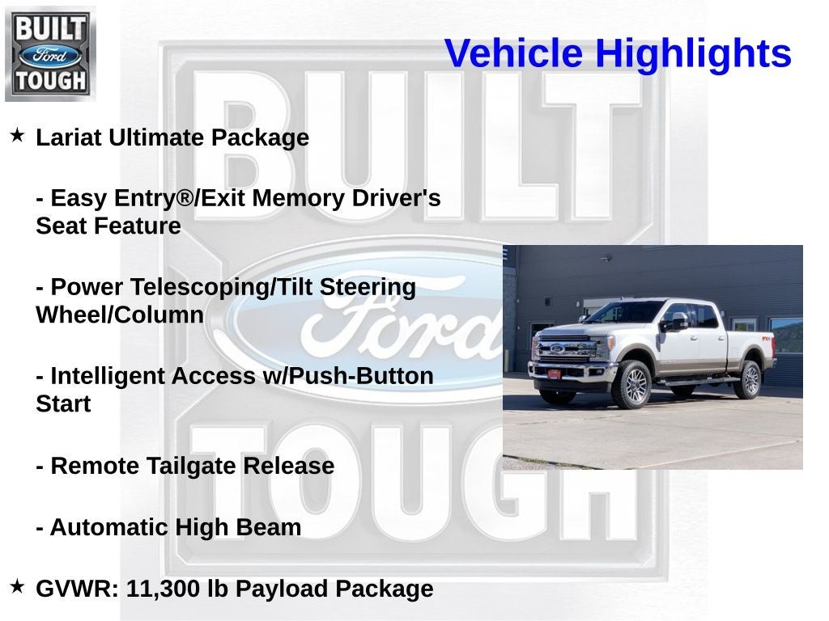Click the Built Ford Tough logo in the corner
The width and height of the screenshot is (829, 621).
click(50, 53)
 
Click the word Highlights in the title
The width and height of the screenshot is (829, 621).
click(693, 54)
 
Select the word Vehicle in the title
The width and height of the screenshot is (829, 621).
click(513, 54)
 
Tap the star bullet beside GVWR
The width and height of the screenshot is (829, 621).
click(17, 585)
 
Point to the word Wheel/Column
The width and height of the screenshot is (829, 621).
click(120, 315)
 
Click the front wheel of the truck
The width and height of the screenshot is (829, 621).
click(634, 385)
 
